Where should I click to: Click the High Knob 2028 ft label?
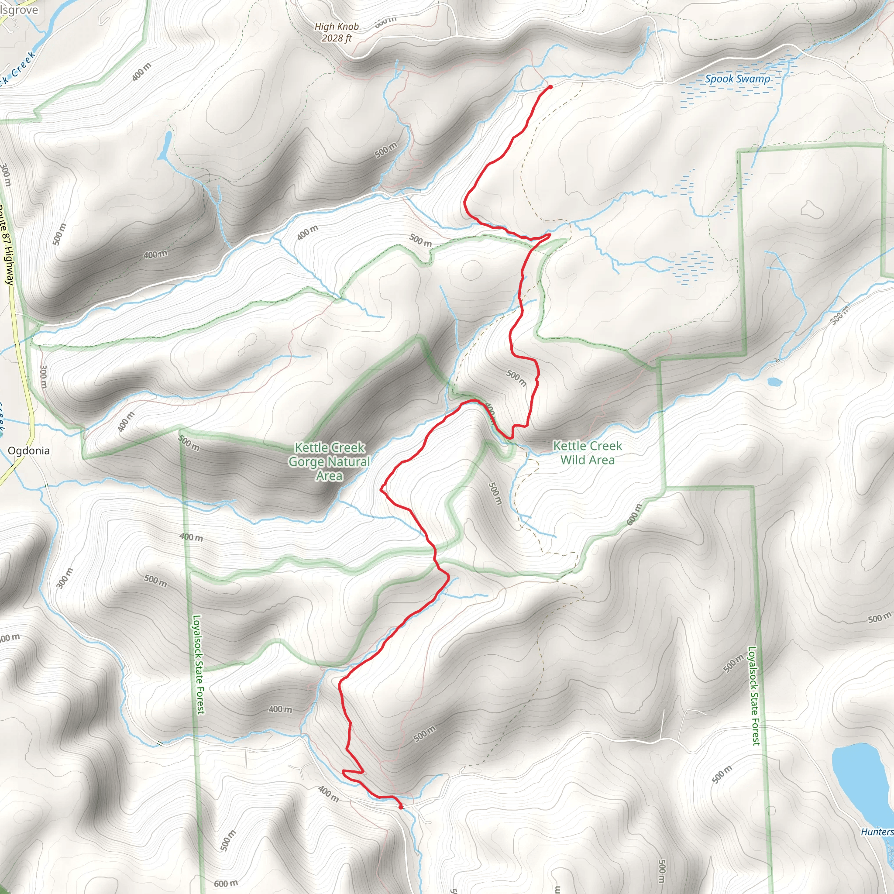337,32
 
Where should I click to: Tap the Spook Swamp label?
737,79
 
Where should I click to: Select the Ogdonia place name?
29,450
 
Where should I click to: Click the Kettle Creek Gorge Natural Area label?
330,461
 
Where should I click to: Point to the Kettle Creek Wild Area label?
588,453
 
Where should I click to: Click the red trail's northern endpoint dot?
550,86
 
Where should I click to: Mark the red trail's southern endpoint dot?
400,808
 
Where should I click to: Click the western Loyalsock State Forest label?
199,664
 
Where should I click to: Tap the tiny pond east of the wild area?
774,382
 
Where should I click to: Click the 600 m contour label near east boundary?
635,515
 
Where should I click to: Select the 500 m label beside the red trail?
516,378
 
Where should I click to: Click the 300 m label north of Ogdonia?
43,377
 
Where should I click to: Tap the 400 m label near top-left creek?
141,72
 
